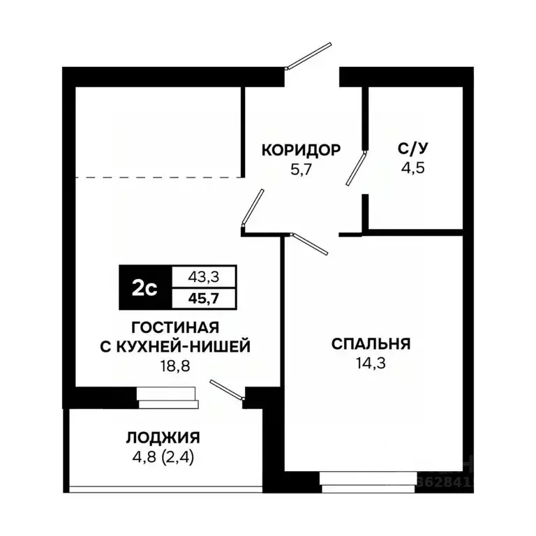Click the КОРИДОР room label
pos(301,149)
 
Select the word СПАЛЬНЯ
pos(371,343)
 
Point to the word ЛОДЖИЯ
pos(163,438)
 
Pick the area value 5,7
pos(301,169)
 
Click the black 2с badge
pos(144,288)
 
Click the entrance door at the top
pos(308,56)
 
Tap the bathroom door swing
pos(356,168)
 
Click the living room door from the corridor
pos(252,208)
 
